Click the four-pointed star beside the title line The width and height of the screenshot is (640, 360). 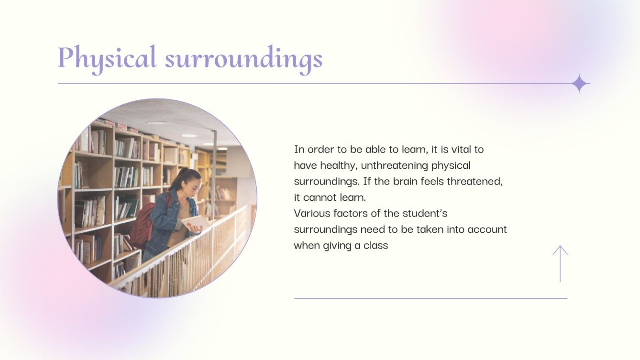[x=580, y=84]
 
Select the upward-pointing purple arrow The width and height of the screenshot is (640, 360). [x=560, y=263]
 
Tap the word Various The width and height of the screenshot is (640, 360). [x=312, y=213]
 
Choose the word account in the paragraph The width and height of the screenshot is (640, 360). [x=487, y=229]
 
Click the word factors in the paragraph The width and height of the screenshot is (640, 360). [x=353, y=213]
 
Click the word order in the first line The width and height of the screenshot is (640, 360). [x=320, y=149]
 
